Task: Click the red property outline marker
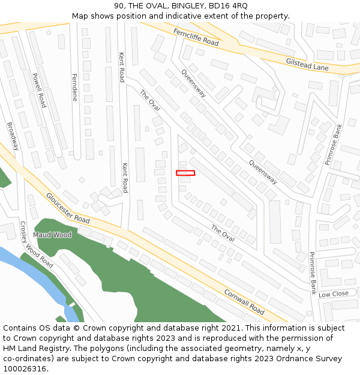(x=185, y=173)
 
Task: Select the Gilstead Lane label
(x=307, y=65)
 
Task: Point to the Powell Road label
(x=40, y=90)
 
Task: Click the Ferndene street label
(x=75, y=87)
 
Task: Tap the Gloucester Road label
(x=68, y=208)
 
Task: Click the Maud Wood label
(x=52, y=235)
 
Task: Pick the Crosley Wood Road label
(x=37, y=245)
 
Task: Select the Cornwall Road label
(x=244, y=302)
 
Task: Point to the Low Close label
(x=333, y=294)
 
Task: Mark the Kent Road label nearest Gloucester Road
(x=125, y=178)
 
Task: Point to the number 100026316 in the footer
(x=25, y=368)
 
